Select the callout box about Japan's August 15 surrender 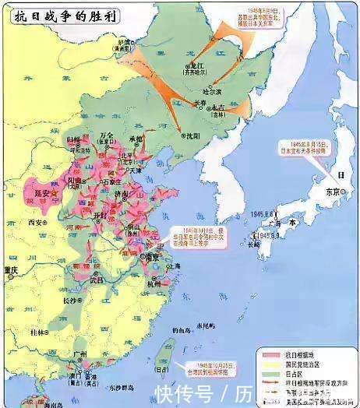305,147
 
